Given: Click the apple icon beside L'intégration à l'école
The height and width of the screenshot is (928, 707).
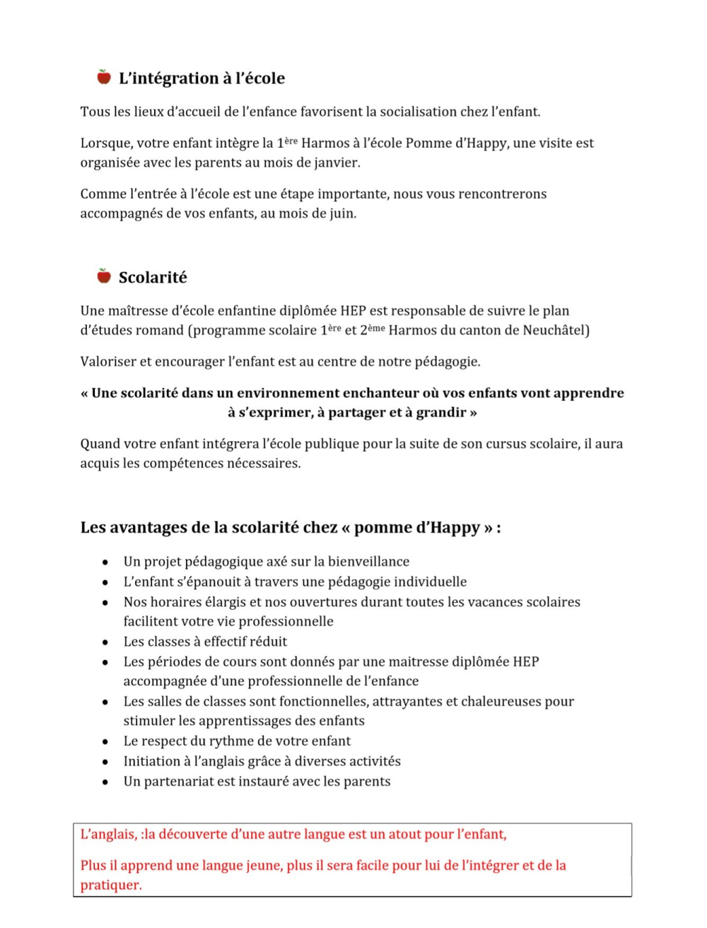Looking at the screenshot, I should pos(104,77).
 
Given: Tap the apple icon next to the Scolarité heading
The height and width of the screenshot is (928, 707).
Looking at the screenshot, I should pos(104,276).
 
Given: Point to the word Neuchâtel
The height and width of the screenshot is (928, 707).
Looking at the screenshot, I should pos(556,330).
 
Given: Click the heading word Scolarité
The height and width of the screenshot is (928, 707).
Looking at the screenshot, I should pos(153,278).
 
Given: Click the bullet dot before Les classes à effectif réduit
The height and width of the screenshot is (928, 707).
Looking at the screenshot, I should pos(105,642).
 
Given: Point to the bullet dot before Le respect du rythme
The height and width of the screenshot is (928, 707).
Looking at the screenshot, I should pos(105,742).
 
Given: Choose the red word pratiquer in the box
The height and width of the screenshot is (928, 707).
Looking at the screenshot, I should pos(110,886).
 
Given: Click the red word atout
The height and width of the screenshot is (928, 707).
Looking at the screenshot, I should pos(387,835).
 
